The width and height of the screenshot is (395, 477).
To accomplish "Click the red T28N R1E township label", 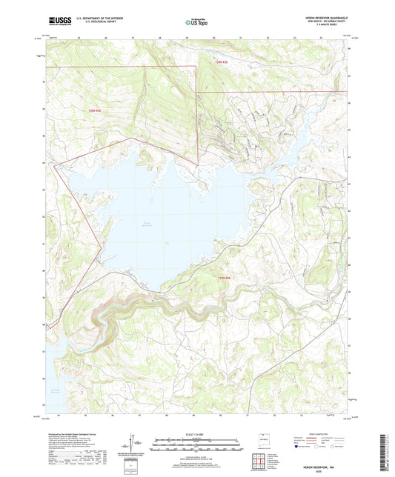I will coord(93,111).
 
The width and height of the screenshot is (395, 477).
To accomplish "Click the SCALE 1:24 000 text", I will coord(197,434).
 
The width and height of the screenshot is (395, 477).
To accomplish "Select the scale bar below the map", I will coord(197,444).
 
